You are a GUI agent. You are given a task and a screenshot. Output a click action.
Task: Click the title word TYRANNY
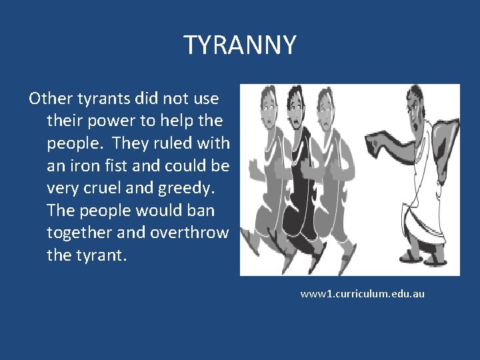(240, 45)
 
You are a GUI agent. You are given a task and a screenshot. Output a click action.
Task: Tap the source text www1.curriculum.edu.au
(362, 293)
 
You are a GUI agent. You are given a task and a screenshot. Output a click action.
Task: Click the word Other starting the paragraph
(49, 99)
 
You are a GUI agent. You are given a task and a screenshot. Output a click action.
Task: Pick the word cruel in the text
(99, 189)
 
